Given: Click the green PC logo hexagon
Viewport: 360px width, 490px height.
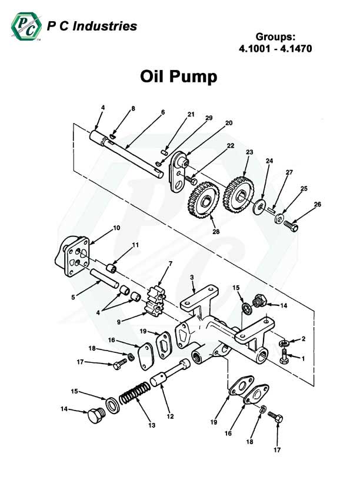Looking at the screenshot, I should pyautogui.click(x=25, y=26).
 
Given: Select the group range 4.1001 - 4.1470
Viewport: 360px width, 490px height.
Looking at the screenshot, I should pyautogui.click(x=275, y=49).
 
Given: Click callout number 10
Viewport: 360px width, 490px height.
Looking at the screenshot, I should pyautogui.click(x=116, y=228).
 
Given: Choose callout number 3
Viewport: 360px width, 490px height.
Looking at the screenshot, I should pyautogui.click(x=191, y=277).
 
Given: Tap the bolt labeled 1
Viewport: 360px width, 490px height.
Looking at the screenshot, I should pyautogui.click(x=285, y=355).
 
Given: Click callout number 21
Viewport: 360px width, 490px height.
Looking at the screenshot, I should pyautogui.click(x=190, y=114).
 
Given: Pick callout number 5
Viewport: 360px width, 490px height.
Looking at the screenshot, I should pyautogui.click(x=74, y=298).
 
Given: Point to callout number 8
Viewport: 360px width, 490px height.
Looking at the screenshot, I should pyautogui.click(x=133, y=108).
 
